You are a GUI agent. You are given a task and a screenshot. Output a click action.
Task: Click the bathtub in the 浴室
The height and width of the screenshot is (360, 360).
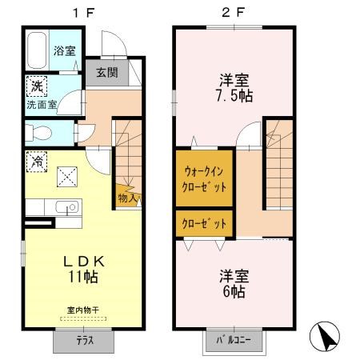(37, 50)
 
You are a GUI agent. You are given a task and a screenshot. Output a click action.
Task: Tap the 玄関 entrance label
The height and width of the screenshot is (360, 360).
(107, 72)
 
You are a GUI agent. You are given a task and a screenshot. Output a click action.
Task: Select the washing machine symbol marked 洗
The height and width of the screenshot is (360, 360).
(37, 86)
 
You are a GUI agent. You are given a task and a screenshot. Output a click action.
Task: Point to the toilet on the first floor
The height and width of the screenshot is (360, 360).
(38, 133)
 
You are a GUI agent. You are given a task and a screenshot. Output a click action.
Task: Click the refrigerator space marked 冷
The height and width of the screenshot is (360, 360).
(37, 162)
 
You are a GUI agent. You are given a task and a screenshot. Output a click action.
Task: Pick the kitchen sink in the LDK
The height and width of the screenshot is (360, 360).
(67, 207)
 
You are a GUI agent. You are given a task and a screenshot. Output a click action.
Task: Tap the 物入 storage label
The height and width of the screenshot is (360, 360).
(127, 198)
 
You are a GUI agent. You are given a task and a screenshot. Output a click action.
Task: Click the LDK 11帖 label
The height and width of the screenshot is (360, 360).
(84, 270)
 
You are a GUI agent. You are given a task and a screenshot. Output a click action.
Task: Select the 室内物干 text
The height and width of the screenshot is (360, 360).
(83, 310)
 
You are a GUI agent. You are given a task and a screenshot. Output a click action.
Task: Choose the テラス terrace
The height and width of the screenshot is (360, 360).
(84, 342)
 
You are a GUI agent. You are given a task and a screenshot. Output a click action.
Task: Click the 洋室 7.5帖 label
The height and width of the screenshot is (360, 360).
(234, 88)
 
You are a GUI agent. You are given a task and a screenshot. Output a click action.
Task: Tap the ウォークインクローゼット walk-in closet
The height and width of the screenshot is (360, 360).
(204, 178)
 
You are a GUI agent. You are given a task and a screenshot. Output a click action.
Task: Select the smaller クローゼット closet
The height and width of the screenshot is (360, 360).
(204, 223)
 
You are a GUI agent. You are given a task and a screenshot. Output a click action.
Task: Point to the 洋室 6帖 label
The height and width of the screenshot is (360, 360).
(234, 284)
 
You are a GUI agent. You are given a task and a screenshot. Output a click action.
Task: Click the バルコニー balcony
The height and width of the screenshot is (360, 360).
(234, 341)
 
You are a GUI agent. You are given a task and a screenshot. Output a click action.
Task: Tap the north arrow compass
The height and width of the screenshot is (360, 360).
(325, 336)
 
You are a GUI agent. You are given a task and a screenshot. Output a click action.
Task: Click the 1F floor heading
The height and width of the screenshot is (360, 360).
(83, 13)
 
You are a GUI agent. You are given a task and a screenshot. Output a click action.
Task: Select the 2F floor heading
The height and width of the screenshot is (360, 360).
(234, 13)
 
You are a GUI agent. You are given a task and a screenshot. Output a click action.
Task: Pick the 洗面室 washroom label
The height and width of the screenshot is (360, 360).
(42, 105)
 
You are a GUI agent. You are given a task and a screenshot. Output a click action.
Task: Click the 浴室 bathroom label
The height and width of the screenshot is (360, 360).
(65, 50)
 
